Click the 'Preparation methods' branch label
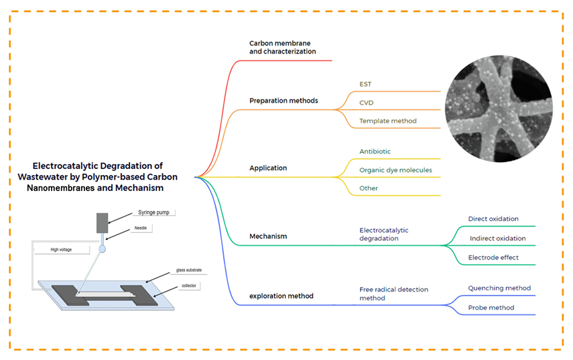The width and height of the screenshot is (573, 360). [283, 101]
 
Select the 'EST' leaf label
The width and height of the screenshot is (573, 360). [365, 84]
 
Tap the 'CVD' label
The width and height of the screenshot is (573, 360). [367, 103]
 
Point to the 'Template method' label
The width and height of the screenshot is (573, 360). [388, 121]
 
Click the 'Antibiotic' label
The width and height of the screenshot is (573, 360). [375, 152]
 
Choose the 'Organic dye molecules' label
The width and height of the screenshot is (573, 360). [395, 170]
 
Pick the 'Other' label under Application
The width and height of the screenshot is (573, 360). [369, 188]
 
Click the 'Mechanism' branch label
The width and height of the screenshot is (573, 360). [268, 236]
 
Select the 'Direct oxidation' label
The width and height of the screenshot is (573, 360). [493, 219]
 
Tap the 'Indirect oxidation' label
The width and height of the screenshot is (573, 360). [497, 238]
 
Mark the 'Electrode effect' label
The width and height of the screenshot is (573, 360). [493, 257]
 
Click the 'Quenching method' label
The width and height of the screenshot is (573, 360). [499, 288]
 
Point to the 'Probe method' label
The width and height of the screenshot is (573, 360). [491, 308]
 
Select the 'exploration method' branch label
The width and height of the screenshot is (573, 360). [281, 296]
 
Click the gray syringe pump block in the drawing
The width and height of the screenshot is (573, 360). [102, 223]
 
